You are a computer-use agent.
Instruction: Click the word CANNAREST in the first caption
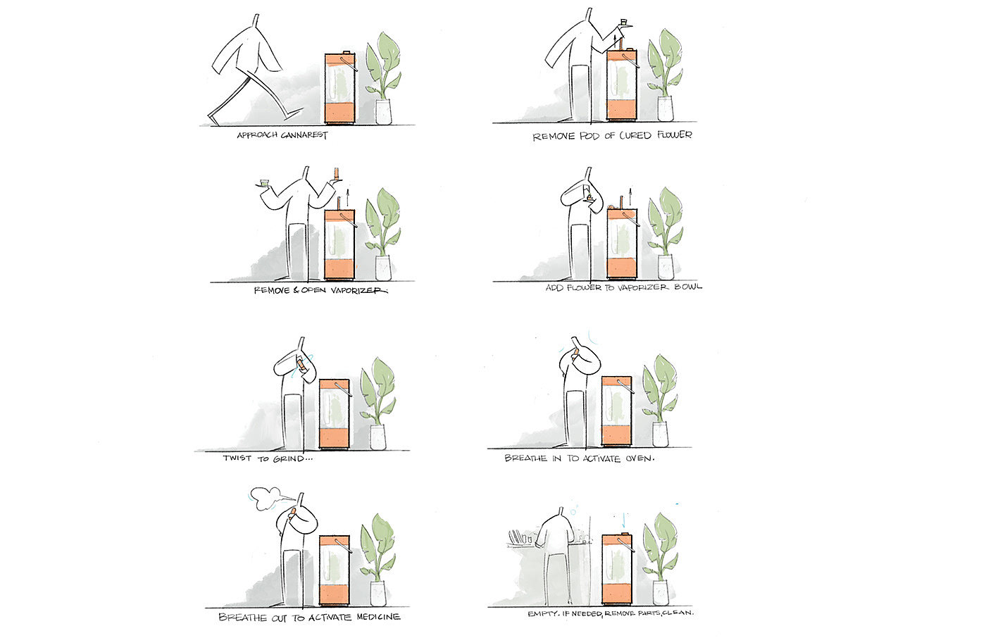coord(304,135)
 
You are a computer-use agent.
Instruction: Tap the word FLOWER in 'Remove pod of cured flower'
coord(675,135)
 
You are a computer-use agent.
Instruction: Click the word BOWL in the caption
coord(688,287)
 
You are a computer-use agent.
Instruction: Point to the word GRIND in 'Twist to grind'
coord(289,458)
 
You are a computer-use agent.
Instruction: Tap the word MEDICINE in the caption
coord(378,617)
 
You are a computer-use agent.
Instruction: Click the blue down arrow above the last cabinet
coord(624,520)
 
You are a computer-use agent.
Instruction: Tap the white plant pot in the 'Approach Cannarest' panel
coord(383,112)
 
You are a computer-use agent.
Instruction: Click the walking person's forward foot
coord(294,113)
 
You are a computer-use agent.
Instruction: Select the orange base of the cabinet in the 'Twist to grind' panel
coord(334,438)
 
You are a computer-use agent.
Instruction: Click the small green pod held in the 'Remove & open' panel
coord(263,182)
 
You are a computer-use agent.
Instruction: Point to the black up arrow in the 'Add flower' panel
coord(630,196)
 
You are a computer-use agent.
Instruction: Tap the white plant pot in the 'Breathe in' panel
coord(661,434)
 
